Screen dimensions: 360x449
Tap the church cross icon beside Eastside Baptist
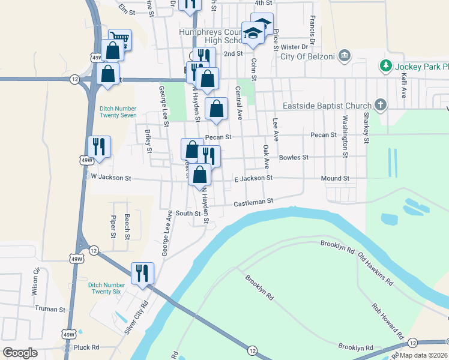(380, 106)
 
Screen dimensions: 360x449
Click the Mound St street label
(335, 178)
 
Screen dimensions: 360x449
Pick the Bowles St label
(294, 157)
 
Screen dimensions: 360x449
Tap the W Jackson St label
(110, 178)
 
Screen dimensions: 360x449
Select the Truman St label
(50, 309)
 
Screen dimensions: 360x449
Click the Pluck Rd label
(86, 347)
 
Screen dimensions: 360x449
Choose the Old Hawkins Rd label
(376, 270)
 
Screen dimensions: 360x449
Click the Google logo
(20, 352)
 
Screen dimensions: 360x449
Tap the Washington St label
(345, 137)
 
